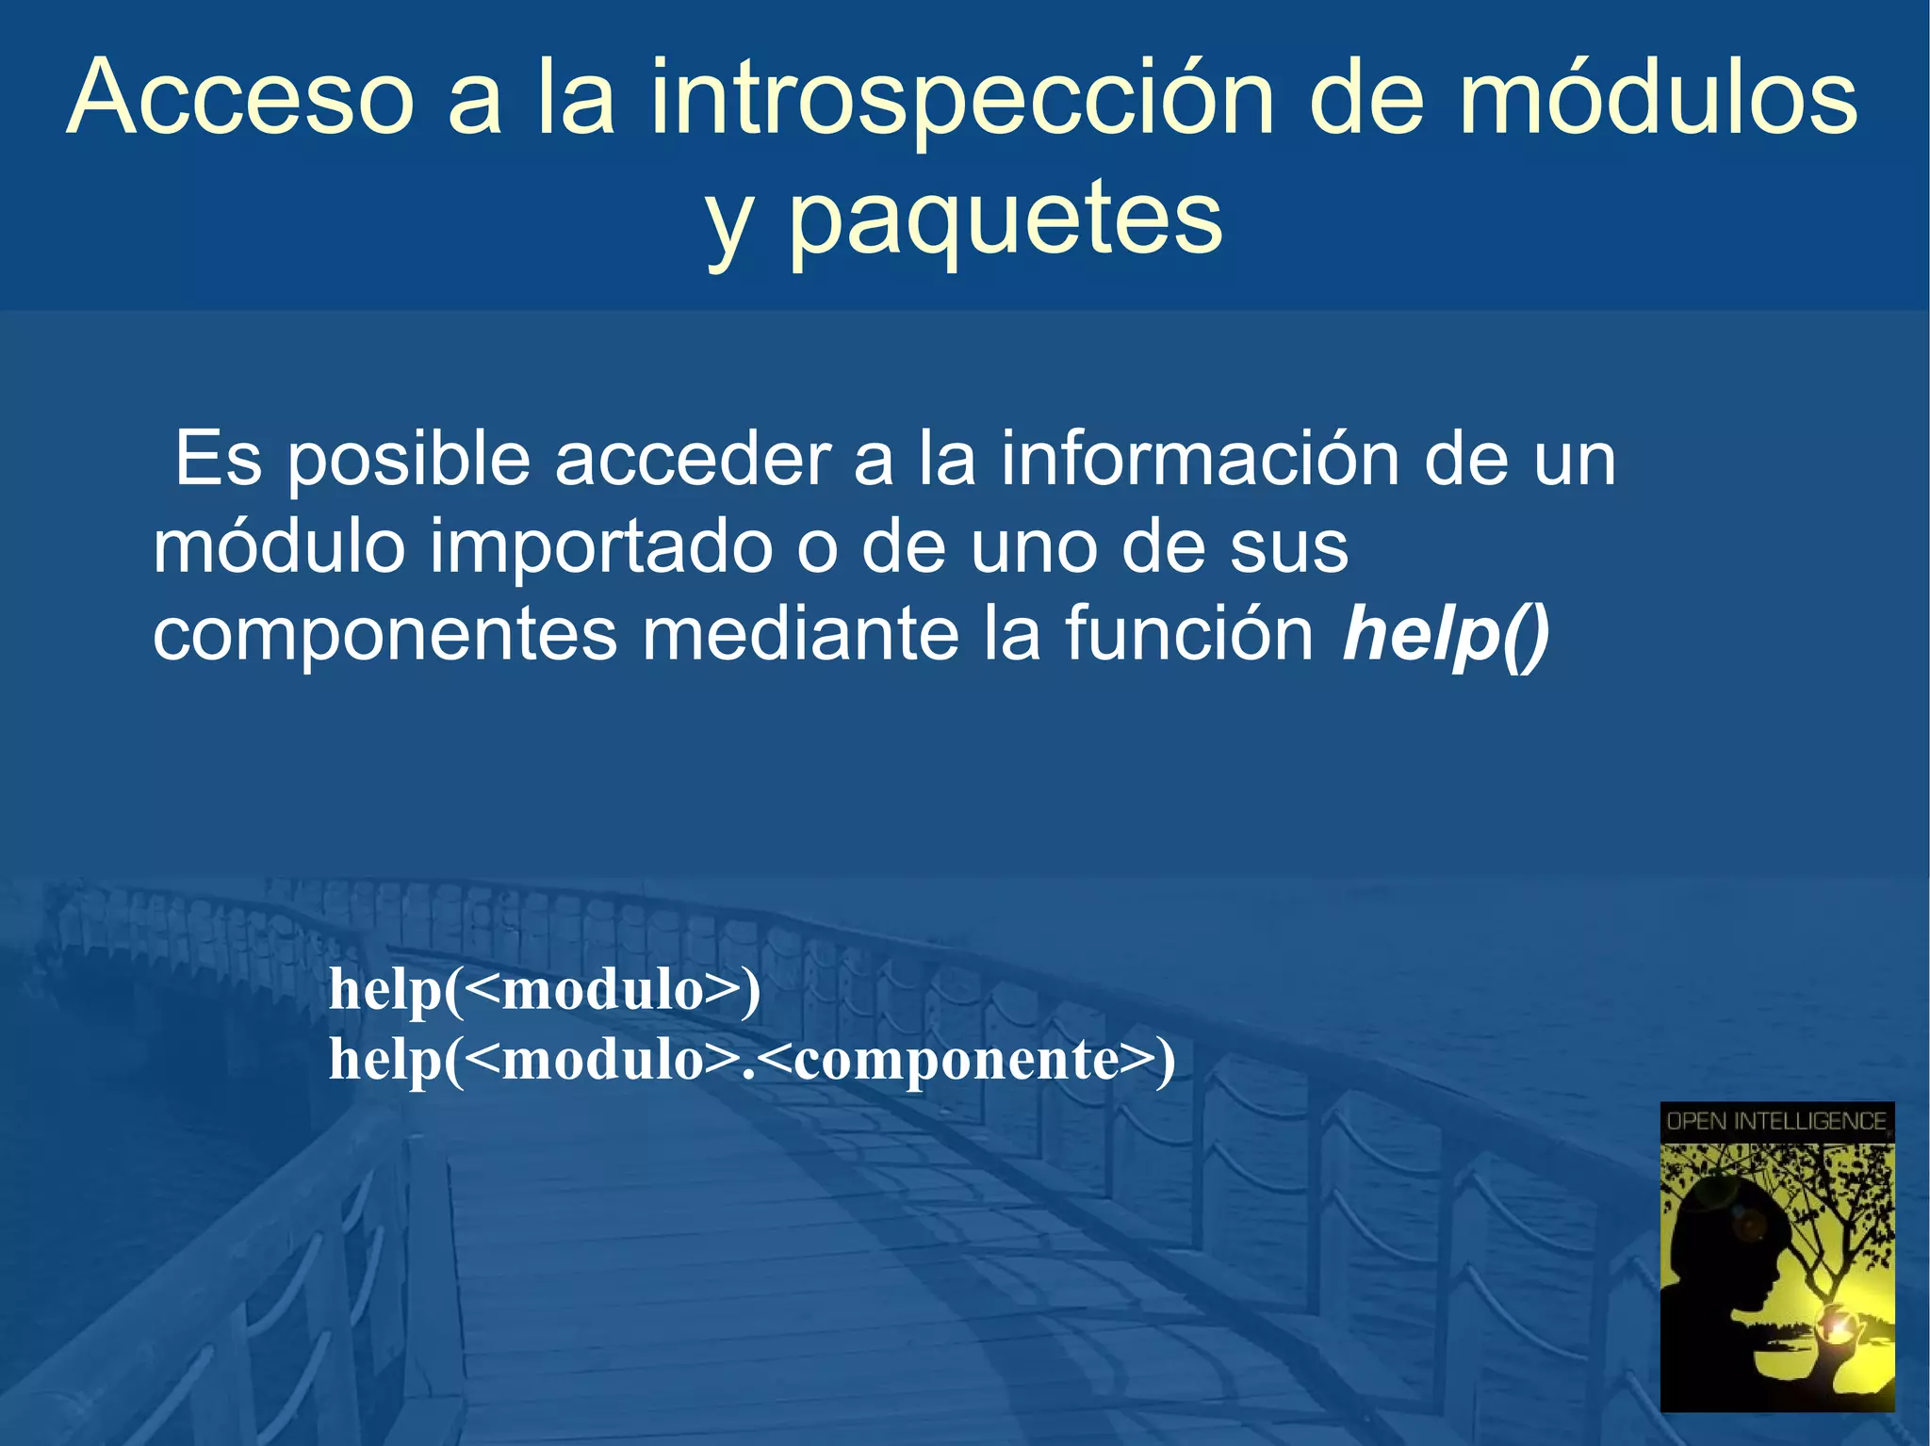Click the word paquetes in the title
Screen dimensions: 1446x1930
click(1005, 221)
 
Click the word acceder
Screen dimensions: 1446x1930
click(692, 460)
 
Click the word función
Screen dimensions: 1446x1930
click(1189, 635)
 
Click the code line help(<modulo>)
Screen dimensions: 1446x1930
click(545, 990)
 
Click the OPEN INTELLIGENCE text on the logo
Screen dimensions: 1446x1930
click(1775, 1121)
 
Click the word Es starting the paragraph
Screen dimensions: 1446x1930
click(219, 460)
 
